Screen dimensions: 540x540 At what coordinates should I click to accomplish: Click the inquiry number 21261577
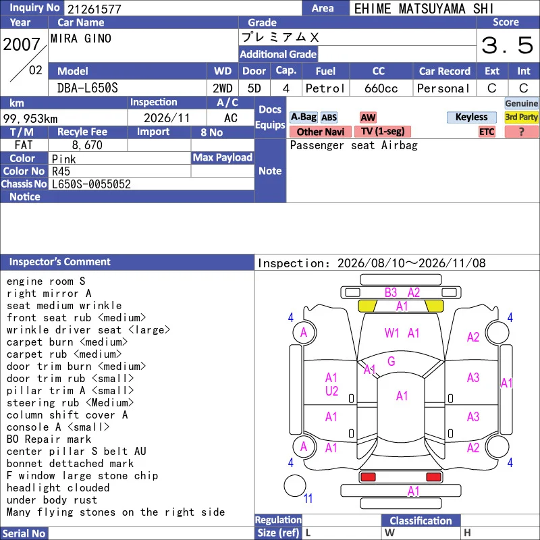94,9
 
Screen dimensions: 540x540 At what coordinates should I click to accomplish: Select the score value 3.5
508,45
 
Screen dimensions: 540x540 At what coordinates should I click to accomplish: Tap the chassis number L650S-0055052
91,184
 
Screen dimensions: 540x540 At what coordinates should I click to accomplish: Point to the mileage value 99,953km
30,119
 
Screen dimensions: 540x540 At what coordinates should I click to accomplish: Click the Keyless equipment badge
471,117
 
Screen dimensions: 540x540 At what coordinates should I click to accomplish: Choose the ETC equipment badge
487,132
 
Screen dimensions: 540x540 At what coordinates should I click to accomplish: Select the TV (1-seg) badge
383,131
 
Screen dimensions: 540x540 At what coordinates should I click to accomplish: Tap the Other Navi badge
320,132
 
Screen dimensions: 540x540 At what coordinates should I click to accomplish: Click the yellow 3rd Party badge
521,117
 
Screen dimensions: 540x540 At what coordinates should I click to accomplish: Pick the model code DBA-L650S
88,88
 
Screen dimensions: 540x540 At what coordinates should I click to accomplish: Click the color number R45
61,171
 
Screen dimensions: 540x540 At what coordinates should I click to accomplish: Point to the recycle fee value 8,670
87,145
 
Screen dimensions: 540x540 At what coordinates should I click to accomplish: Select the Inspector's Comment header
60,262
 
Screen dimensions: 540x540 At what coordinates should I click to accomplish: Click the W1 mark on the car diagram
391,333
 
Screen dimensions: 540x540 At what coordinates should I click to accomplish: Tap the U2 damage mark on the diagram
331,391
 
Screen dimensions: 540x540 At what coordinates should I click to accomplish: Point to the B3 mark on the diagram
391,293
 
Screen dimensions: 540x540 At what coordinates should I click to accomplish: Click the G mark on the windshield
391,361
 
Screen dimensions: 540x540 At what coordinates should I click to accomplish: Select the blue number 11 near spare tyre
308,498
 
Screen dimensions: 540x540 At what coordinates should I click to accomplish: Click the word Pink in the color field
63,159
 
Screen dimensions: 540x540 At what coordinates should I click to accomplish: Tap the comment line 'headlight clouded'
58,488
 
